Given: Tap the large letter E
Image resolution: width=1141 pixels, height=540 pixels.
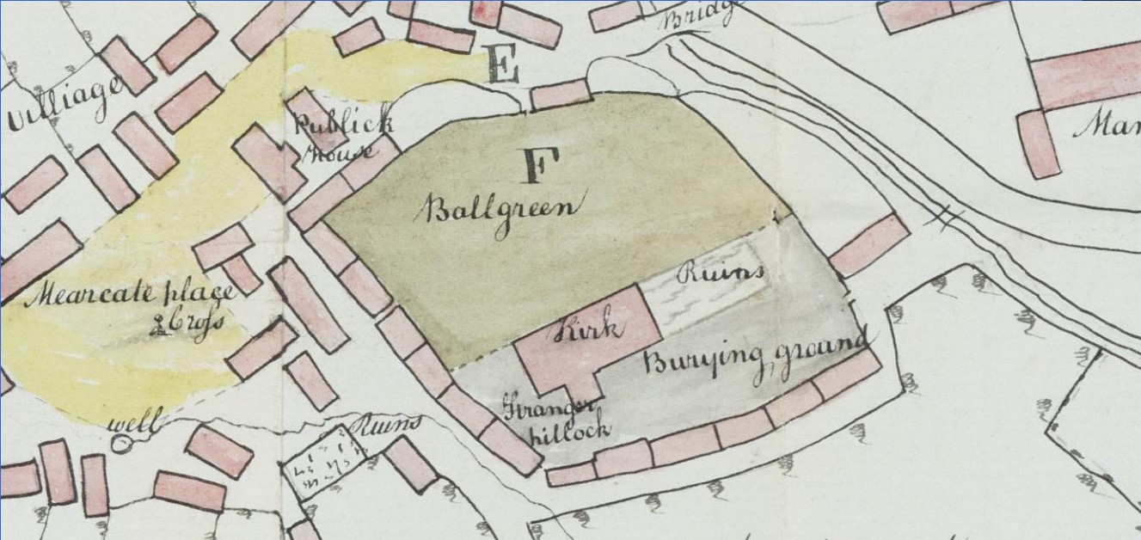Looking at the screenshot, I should (x=502, y=64).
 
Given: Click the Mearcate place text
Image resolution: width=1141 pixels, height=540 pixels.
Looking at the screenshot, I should (x=133, y=295).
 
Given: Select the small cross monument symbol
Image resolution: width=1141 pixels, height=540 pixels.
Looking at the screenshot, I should (x=159, y=325).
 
